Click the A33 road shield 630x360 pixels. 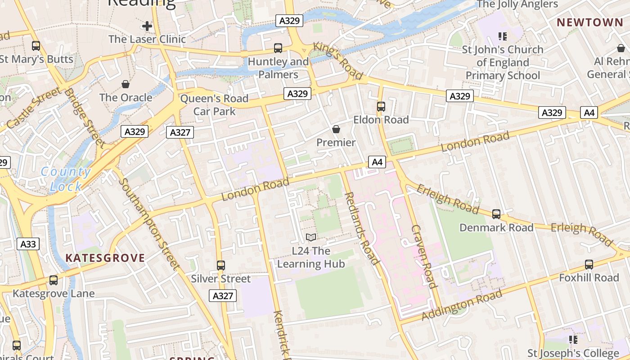(28, 244)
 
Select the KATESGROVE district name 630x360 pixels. (105, 258)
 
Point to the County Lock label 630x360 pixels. (66, 179)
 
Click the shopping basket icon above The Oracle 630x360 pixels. (126, 84)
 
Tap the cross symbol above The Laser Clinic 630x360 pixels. (147, 26)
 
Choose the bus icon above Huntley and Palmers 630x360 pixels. (278, 48)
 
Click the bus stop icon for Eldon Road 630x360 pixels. (381, 107)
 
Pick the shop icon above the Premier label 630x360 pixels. (336, 130)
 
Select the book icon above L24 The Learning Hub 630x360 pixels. (310, 237)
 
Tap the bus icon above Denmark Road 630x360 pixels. (496, 214)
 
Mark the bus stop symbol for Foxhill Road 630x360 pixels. (589, 265)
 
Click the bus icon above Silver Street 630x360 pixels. (220, 265)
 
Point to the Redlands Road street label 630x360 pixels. (362, 229)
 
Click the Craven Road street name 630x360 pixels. (424, 256)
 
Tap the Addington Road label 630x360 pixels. (462, 305)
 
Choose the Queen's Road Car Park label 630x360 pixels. (214, 104)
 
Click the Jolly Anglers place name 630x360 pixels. (517, 4)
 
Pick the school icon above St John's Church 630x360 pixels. (502, 36)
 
